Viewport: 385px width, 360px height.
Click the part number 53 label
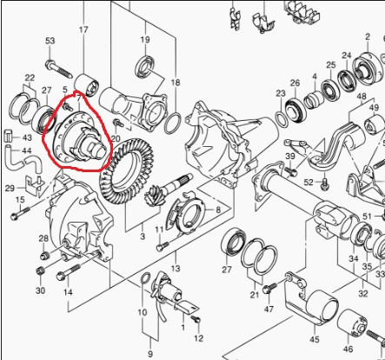[50, 41]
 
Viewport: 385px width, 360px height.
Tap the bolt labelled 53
[58, 69]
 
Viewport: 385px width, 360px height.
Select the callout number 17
[83, 30]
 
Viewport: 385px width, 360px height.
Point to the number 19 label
[145, 39]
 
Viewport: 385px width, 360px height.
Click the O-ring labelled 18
[173, 123]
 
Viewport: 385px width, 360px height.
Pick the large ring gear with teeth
[127, 171]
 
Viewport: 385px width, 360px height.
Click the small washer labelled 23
[281, 118]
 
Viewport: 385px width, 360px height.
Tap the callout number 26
[295, 83]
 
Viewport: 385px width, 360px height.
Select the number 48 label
[362, 96]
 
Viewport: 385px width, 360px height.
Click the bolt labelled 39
[291, 171]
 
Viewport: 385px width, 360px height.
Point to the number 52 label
[309, 183]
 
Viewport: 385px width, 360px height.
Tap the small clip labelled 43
[8, 137]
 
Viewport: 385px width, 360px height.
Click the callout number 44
[27, 150]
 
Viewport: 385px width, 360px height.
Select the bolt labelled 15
[20, 213]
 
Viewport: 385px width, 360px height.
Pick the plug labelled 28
[44, 256]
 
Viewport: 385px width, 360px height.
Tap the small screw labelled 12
[196, 319]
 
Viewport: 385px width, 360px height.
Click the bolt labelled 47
[268, 289]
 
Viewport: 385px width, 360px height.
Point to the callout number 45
[315, 339]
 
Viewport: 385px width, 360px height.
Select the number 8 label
[218, 210]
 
